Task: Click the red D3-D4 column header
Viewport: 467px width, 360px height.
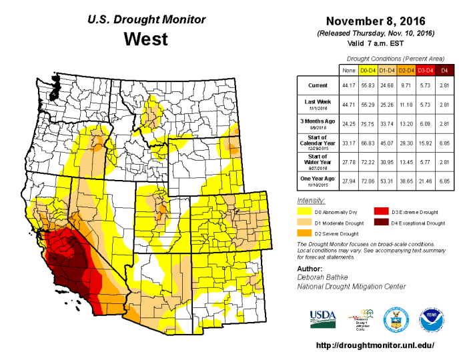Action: (x=426, y=69)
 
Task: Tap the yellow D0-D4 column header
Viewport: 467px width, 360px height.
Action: (x=368, y=69)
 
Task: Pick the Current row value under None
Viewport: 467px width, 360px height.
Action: (x=348, y=85)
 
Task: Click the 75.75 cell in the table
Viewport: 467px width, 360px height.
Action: (x=368, y=123)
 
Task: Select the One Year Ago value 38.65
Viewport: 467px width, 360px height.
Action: (x=406, y=179)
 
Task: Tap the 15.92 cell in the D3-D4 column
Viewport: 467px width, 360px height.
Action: (x=426, y=141)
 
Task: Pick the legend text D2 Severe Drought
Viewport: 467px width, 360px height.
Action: (x=338, y=233)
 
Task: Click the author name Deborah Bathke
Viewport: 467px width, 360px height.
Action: (x=326, y=276)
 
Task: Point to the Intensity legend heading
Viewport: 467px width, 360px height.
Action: (x=310, y=200)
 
